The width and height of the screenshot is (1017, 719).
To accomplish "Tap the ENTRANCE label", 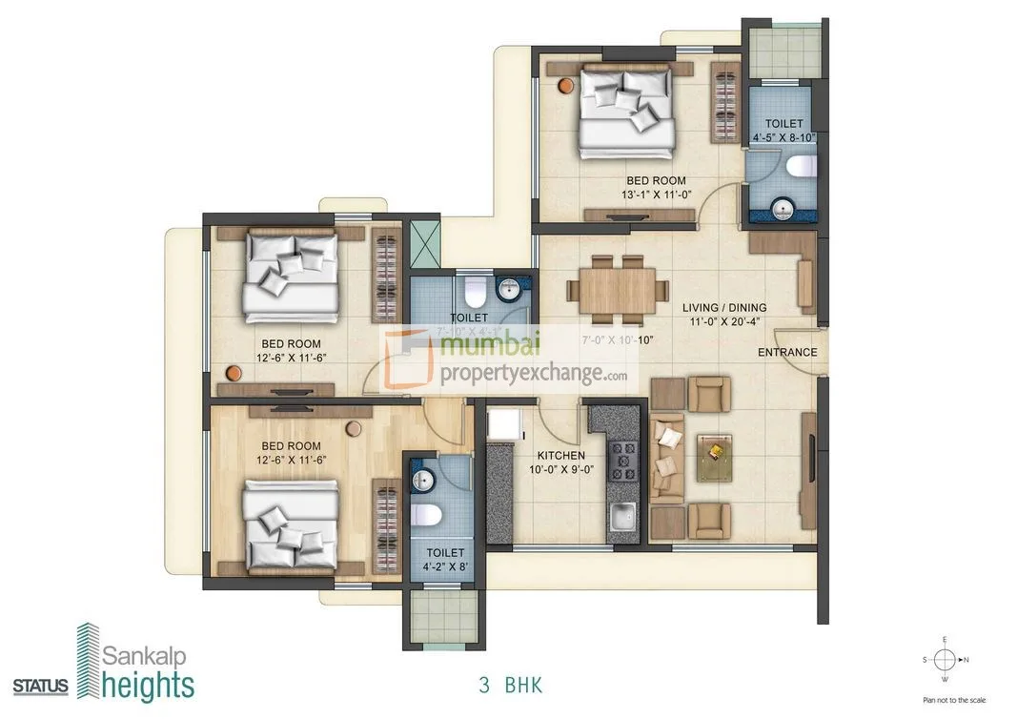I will [787, 352].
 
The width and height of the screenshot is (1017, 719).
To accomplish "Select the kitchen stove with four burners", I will [625, 461].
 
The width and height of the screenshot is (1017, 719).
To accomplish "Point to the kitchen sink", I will [624, 519].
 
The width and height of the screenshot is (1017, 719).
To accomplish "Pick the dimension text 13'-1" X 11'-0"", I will [655, 195].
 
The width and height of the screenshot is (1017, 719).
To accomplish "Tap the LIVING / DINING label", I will [723, 308].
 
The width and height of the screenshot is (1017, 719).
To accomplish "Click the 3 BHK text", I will [509, 684].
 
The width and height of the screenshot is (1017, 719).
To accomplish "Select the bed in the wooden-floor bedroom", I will [291, 525].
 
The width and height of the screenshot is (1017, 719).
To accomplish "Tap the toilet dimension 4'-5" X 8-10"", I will [783, 137].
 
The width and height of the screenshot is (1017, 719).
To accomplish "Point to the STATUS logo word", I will [40, 686].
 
